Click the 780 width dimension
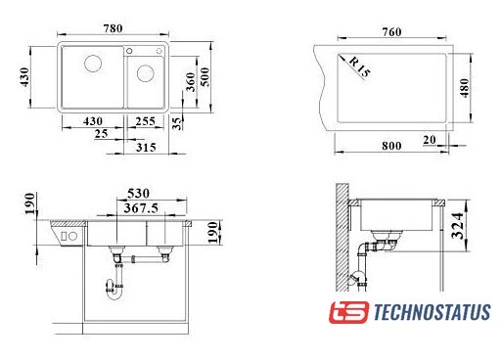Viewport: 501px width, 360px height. point(113,28)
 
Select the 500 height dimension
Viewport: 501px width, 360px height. point(205,76)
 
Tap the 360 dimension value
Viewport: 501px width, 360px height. point(191,82)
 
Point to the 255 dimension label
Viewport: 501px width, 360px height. point(145,121)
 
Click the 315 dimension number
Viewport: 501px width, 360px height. point(146,148)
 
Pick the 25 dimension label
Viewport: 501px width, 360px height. point(101,134)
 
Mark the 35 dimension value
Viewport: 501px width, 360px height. point(176,123)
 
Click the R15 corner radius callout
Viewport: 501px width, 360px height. point(360,67)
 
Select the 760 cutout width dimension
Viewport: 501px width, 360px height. point(391,32)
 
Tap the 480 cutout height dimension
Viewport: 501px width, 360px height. point(465,88)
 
